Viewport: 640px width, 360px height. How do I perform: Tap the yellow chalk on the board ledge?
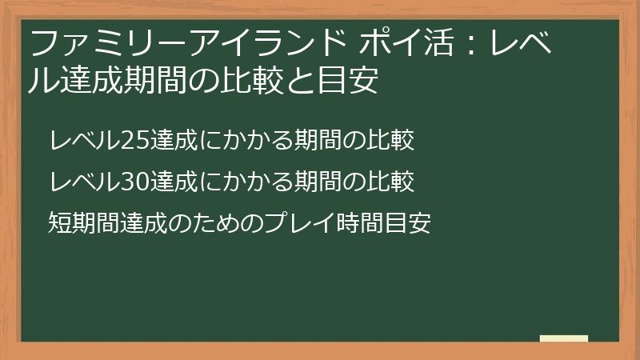point(564,338)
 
